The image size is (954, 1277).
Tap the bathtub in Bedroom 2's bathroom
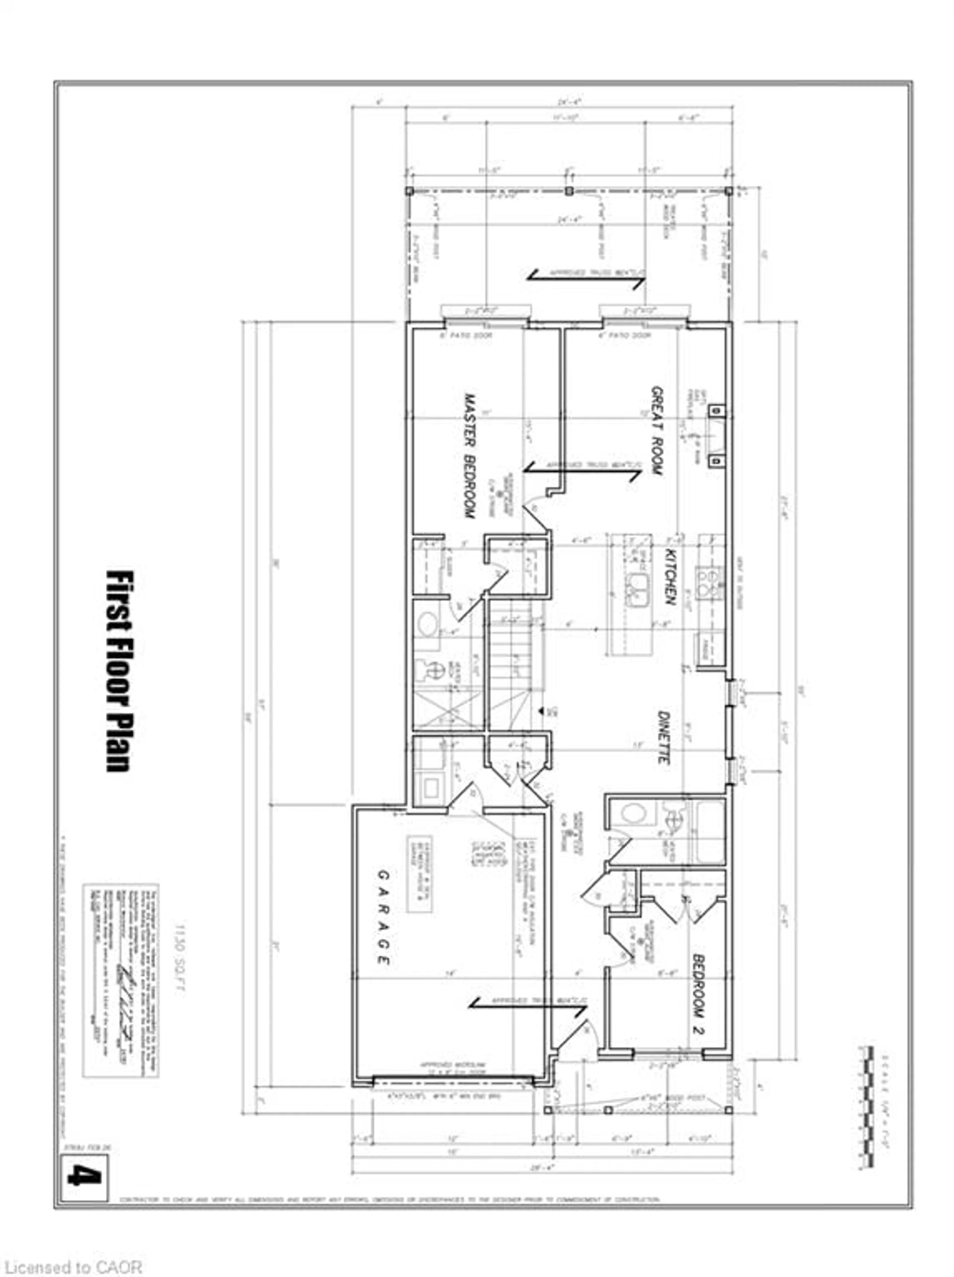pos(709,831)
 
